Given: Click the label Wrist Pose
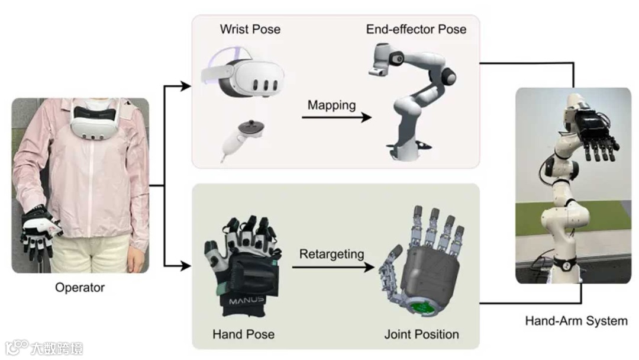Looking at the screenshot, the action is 250,29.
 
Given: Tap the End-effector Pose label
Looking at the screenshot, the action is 416,29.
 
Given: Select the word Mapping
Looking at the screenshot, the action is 331,105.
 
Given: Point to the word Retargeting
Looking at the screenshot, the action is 331,255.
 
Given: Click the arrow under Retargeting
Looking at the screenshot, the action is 334,267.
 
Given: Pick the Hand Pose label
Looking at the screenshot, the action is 243,335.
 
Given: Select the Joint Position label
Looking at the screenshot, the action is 421,335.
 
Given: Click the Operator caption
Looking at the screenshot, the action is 79,288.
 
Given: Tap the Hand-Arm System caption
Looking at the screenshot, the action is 576,321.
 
